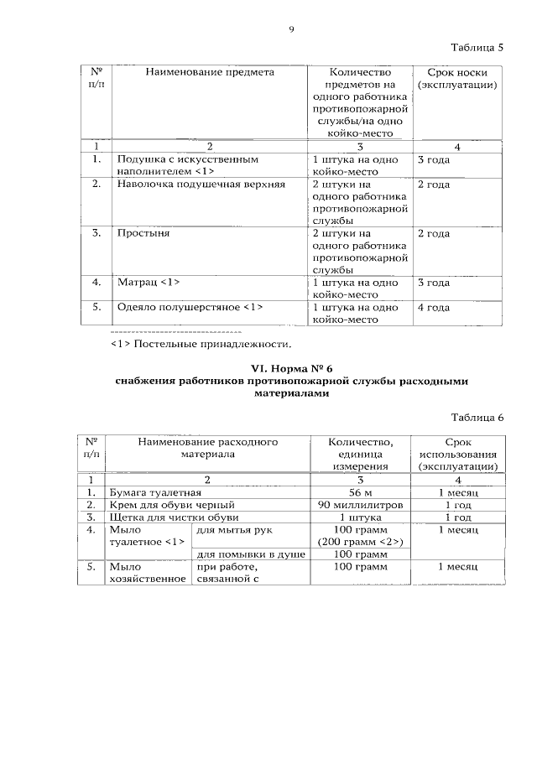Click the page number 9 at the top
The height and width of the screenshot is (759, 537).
pos(291,29)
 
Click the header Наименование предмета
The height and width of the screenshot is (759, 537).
pos(210,73)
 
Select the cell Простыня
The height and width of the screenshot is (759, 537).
pos(143,233)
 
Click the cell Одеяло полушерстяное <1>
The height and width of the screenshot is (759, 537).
pos(190,307)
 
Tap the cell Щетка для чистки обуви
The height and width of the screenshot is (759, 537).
pos(170,517)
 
